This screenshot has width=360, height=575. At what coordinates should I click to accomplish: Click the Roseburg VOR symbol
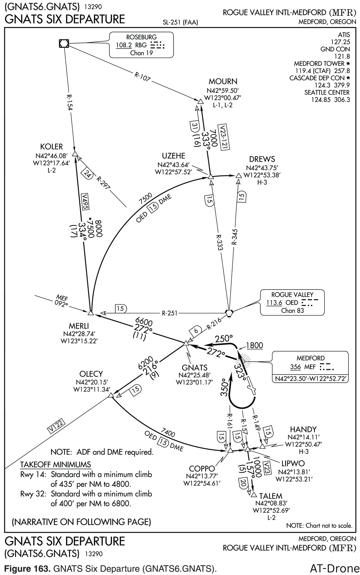click(64, 43)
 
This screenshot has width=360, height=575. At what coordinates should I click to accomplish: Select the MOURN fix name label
click(223, 82)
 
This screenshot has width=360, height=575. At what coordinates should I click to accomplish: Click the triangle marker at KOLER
click(75, 154)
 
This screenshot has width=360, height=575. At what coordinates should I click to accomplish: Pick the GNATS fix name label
click(194, 368)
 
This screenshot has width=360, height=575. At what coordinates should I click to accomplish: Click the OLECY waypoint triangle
click(111, 395)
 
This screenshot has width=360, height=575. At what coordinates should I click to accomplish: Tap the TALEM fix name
click(270, 496)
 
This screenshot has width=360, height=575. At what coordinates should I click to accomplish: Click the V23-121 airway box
click(224, 138)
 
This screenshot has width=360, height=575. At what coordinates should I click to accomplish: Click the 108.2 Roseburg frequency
click(124, 45)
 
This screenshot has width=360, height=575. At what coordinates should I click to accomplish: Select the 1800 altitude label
click(254, 345)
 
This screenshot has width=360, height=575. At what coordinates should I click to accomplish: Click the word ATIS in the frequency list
click(344, 35)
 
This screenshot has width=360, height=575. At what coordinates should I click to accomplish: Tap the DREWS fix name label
click(262, 159)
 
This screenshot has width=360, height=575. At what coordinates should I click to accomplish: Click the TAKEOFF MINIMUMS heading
click(55, 465)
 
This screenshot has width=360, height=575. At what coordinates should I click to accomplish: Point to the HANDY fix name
click(303, 429)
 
